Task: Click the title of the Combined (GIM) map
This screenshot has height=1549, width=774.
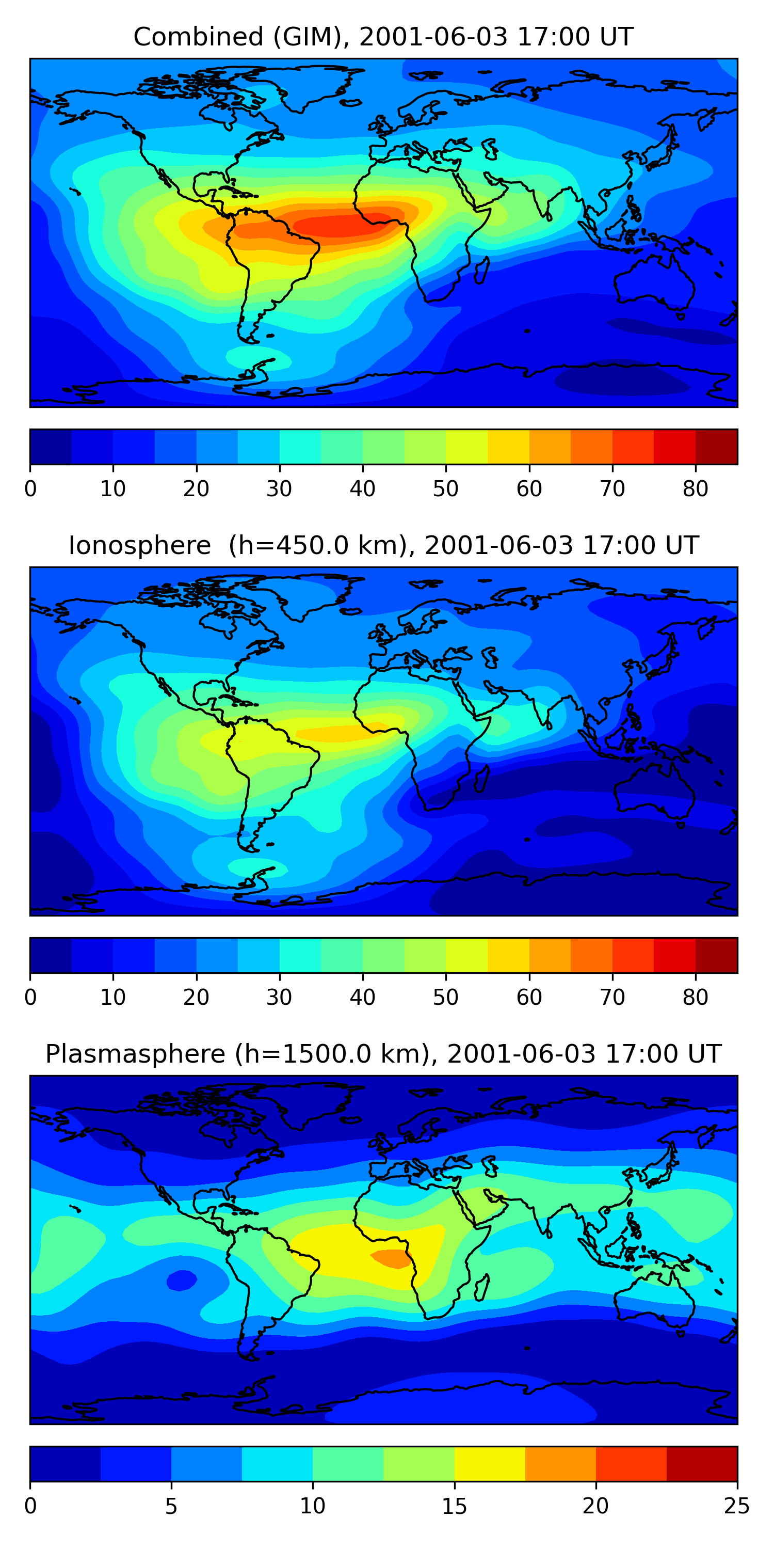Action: click(x=383, y=37)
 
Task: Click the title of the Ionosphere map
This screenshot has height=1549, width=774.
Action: click(x=383, y=545)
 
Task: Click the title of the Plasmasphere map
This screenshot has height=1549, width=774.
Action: click(x=383, y=1054)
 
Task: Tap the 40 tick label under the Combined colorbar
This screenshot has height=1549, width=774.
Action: click(x=362, y=489)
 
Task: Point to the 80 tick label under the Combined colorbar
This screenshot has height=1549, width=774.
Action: click(x=695, y=489)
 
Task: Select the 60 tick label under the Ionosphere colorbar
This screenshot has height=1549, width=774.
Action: click(x=529, y=998)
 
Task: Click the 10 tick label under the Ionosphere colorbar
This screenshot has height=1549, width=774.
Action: click(x=113, y=998)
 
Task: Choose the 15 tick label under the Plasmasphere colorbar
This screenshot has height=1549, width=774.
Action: click(x=454, y=1506)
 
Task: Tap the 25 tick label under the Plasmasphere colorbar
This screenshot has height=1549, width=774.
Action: click(x=736, y=1506)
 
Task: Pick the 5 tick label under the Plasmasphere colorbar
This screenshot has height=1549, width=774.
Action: click(x=171, y=1506)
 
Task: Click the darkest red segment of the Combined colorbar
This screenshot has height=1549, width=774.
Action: click(x=716, y=447)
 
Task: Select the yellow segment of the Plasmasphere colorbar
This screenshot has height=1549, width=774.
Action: click(x=490, y=1464)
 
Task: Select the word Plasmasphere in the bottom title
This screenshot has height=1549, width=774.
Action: click(x=135, y=1054)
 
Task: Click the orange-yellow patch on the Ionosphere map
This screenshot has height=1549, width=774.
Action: click(x=343, y=732)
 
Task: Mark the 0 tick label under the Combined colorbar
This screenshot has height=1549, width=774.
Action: click(x=30, y=489)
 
